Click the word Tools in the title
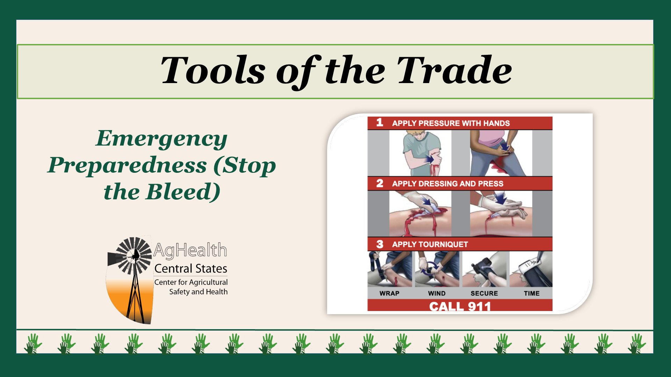tap(213, 71)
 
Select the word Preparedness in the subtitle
tap(128, 166)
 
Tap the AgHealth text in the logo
tap(190, 250)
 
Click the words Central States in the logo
tap(191, 268)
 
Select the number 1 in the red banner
tap(380, 123)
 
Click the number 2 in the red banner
tap(380, 183)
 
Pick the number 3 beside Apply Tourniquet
tap(380, 244)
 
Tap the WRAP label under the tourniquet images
tap(389, 293)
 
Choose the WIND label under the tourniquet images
tap(437, 293)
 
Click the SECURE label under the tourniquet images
tap(484, 293)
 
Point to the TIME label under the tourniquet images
tap(532, 293)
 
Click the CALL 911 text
tap(460, 306)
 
